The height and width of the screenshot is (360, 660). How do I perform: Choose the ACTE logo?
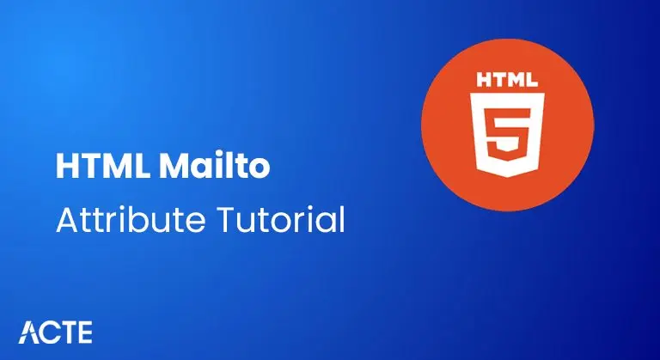[x=55, y=333]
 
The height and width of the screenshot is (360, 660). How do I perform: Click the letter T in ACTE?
[x=65, y=333]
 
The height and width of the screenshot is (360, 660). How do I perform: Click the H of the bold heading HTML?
[x=65, y=167]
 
